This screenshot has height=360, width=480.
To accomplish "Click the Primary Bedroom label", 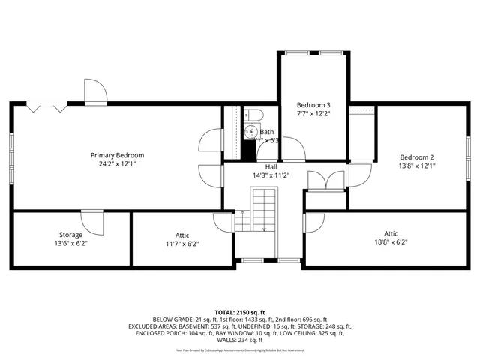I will (117, 155).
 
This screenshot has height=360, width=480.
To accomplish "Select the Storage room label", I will (71, 235).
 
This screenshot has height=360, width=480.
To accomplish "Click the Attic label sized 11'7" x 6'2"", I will (181, 235).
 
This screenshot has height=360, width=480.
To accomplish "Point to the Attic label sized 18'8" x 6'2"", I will (391, 233).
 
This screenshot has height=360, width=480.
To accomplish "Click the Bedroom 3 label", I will (313, 104).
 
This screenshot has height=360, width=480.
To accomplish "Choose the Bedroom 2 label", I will (417, 157).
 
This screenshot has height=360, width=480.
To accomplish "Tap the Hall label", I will (271, 166).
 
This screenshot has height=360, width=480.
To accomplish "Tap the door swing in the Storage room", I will (91, 222).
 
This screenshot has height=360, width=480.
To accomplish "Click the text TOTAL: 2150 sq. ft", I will (240, 310).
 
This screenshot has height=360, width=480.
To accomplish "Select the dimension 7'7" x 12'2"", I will (313, 113).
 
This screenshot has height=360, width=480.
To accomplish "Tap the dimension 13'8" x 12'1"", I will (417, 166).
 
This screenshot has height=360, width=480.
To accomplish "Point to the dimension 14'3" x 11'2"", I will (271, 175).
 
